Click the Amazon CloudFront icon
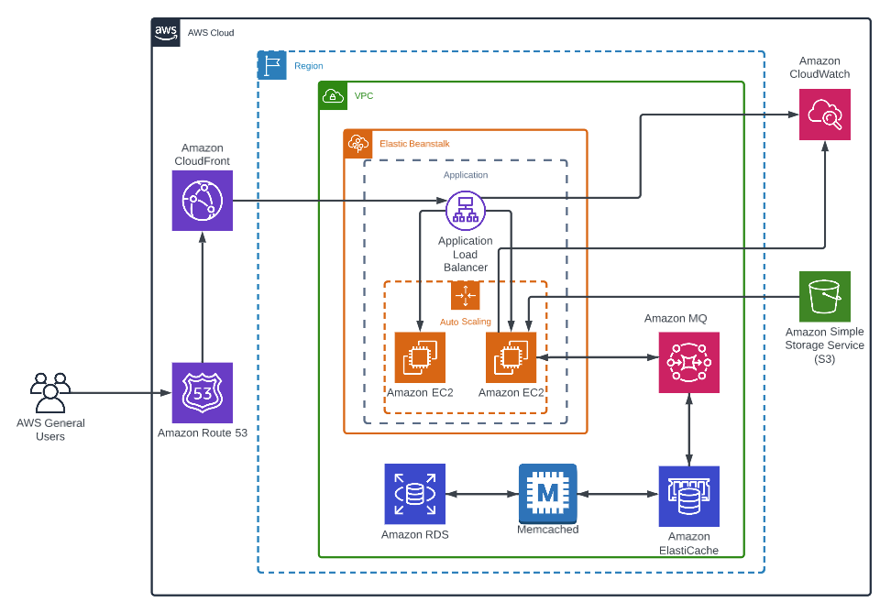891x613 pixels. [202, 201]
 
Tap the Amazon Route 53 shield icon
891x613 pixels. [202, 392]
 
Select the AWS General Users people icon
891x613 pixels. [49, 393]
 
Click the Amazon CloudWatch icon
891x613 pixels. [824, 115]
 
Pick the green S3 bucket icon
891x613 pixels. [824, 296]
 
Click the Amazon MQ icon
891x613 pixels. [688, 363]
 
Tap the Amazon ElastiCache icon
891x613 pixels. [688, 496]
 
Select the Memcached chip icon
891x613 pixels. [547, 494]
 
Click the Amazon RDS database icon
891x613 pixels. [414, 494]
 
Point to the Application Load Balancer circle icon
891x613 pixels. [465, 210]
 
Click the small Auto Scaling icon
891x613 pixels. [465, 296]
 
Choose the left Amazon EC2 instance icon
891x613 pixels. [420, 357]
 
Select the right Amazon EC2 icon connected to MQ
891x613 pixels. [511, 357]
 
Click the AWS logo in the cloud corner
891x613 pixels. [166, 32]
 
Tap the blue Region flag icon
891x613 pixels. [272, 65]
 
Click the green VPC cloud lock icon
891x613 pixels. [333, 95]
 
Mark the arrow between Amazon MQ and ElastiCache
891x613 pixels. [688, 430]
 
